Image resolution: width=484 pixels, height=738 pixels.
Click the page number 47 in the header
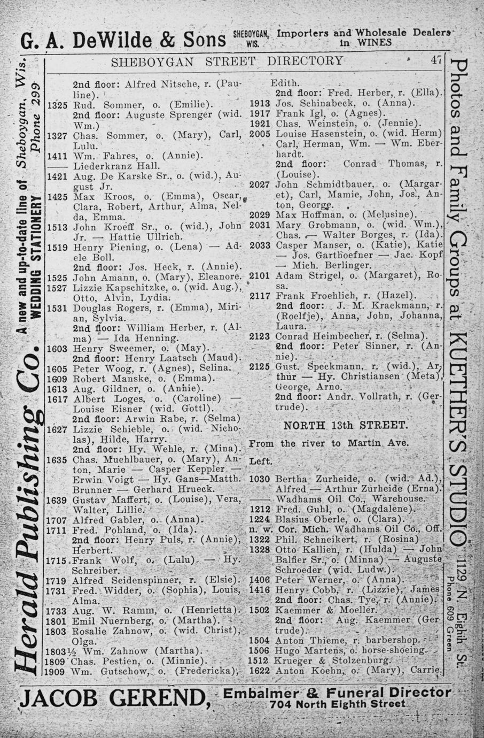point(436,61)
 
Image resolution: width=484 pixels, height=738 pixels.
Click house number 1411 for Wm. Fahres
point(57,156)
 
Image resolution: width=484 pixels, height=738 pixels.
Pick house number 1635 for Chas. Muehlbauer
point(57,459)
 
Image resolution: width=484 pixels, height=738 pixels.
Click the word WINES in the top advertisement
point(374,43)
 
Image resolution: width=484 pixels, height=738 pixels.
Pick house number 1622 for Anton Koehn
point(261,671)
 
